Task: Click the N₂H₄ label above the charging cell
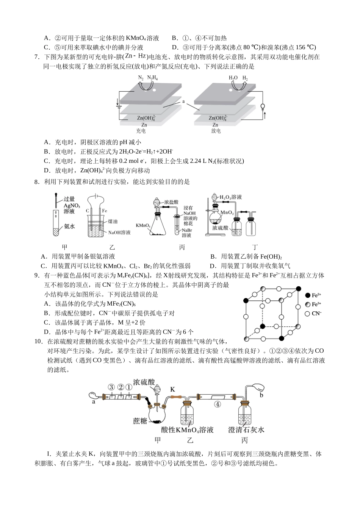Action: (x=152, y=78)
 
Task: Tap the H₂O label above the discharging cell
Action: (x=233, y=78)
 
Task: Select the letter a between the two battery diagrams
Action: (x=183, y=101)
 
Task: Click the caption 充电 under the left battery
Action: (x=141, y=131)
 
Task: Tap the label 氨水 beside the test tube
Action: (x=69, y=226)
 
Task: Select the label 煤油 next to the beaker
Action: (x=113, y=221)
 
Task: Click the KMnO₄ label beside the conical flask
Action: (x=143, y=225)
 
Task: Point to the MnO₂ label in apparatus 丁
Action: (x=227, y=212)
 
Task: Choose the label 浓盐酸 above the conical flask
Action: (x=171, y=203)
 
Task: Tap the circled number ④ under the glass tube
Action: (x=218, y=404)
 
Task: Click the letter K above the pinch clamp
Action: (x=172, y=389)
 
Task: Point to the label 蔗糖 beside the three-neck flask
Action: (x=140, y=421)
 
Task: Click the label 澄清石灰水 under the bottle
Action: (x=246, y=429)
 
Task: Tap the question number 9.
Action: (x=37, y=276)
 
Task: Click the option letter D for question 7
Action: (x=47, y=170)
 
